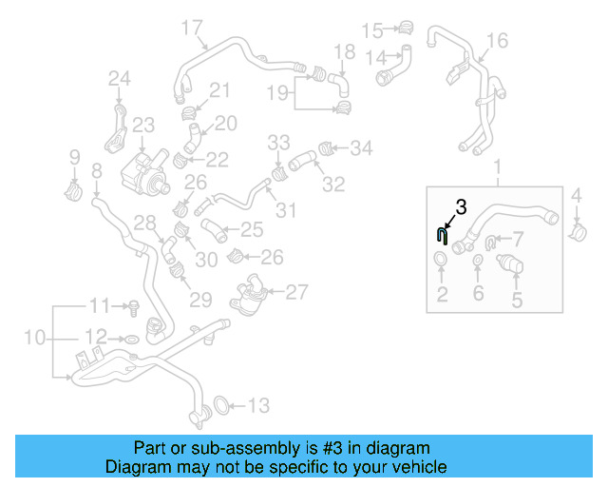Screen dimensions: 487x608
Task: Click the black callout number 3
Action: point(462,205)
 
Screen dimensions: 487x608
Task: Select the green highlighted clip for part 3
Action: point(442,238)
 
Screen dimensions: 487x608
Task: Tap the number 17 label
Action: point(192,27)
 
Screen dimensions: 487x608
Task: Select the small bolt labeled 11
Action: point(134,307)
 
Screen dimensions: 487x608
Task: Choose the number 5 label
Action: point(517,301)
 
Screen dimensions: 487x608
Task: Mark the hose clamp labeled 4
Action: point(577,230)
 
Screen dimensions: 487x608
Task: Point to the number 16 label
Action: point(497,40)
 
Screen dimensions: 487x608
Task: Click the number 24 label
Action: point(119,78)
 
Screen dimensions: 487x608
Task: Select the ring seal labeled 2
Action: point(442,262)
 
